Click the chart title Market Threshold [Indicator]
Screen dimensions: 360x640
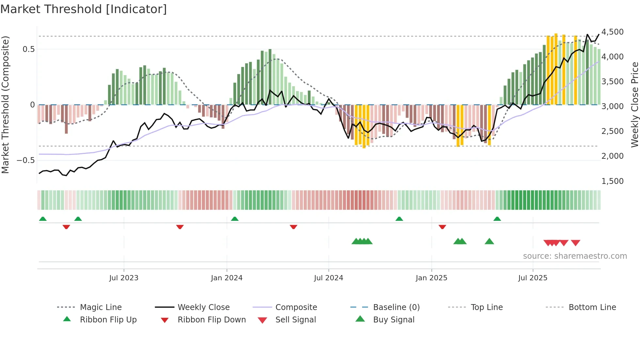click(x=84, y=9)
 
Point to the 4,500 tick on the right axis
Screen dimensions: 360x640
click(x=612, y=32)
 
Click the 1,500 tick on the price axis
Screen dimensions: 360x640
click(x=612, y=181)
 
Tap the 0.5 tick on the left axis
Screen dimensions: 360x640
click(x=28, y=49)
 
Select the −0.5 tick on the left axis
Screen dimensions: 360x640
click(x=26, y=160)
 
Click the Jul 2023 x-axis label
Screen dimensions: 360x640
click(x=124, y=278)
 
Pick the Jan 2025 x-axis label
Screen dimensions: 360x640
click(x=431, y=278)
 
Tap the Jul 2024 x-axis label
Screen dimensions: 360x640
click(x=328, y=278)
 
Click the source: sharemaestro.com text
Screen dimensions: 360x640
click(x=575, y=256)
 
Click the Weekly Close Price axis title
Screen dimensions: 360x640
click(x=634, y=105)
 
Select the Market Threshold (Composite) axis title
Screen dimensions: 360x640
click(x=5, y=105)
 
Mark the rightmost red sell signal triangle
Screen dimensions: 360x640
click(x=575, y=243)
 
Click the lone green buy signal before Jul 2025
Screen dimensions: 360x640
click(x=489, y=241)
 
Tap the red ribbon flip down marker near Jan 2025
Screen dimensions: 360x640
click(x=442, y=227)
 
